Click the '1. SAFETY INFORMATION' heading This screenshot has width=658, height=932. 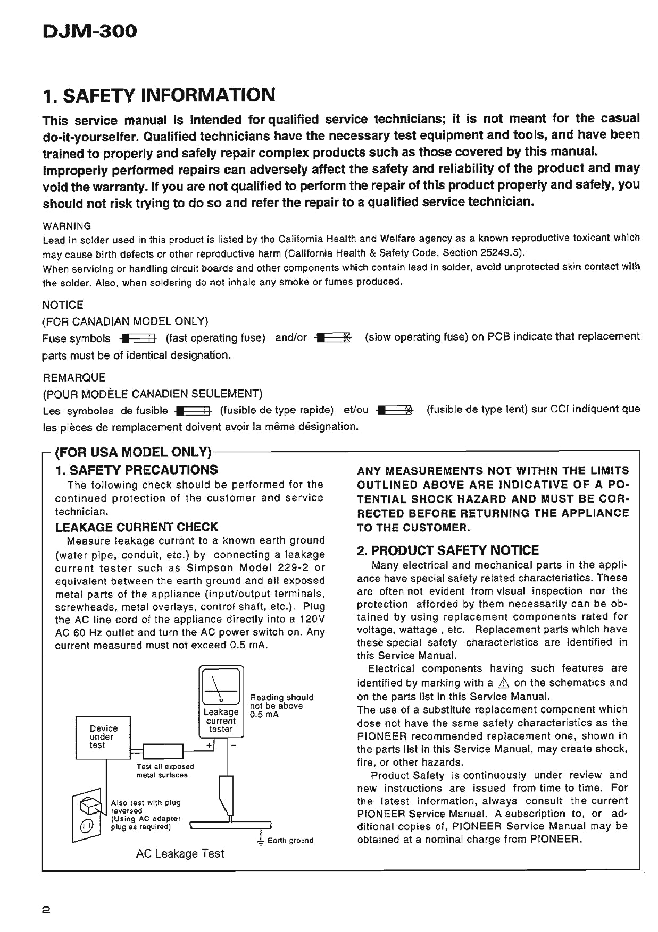coord(159,95)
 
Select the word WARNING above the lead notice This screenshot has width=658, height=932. coord(66,226)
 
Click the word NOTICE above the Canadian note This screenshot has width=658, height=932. coord(63,305)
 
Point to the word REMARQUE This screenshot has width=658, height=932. coord(74,378)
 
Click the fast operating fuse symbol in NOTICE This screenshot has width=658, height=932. coord(139,338)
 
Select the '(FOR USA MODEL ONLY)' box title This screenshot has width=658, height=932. coord(134,452)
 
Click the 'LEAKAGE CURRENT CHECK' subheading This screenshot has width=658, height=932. coord(137,527)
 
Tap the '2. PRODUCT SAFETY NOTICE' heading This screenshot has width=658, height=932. coord(448,550)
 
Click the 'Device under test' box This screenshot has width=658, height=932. coord(103,737)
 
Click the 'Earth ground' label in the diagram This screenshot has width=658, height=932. coord(290,841)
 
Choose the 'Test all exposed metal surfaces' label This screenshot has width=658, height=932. coord(165,770)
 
